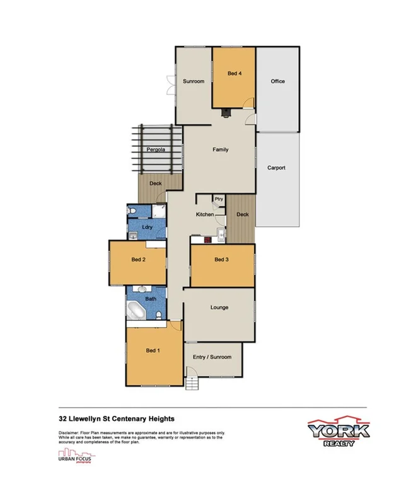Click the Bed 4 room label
pos(234,74)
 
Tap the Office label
pos(277,81)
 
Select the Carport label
pos(276,168)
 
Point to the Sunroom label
pos(194,81)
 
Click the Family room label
pos(220,149)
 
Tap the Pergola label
pos(156,150)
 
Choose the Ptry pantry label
pos(219,200)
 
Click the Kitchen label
pos(205,215)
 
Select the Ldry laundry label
pos(147,227)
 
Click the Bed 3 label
pos(221,260)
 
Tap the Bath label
pos(151,299)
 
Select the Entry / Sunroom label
pos(212,357)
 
